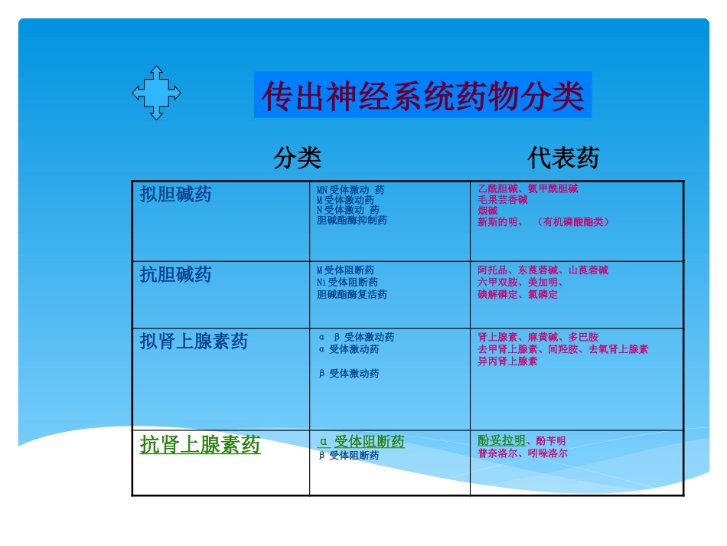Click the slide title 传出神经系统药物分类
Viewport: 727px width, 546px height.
pyautogui.click(x=422, y=96)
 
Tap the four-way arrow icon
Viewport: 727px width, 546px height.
pyautogui.click(x=156, y=93)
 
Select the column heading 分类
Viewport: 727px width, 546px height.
pyautogui.click(x=297, y=159)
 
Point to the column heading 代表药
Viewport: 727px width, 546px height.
pyautogui.click(x=563, y=159)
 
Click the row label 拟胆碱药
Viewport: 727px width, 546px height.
pyautogui.click(x=175, y=195)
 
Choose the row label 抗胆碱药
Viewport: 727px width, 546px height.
pyautogui.click(x=175, y=274)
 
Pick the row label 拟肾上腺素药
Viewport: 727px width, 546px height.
pyautogui.click(x=194, y=341)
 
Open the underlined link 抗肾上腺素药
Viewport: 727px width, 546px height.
pyautogui.click(x=200, y=445)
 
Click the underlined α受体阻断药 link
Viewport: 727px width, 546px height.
pyautogui.click(x=361, y=442)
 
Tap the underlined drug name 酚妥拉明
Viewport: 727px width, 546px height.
pyautogui.click(x=501, y=440)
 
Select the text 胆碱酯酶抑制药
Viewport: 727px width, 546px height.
pyautogui.click(x=351, y=221)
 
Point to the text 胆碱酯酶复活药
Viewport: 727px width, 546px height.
pyautogui.click(x=351, y=294)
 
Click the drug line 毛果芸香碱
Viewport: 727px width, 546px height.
pyautogui.click(x=502, y=200)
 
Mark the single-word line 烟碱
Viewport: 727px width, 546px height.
pyautogui.click(x=487, y=211)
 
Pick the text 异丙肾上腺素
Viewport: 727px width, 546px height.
pyautogui.click(x=507, y=361)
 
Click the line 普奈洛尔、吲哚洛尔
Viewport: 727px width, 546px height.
pyautogui.click(x=522, y=453)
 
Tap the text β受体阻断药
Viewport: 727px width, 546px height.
pyautogui.click(x=348, y=456)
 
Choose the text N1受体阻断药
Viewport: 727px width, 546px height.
pyautogui.click(x=347, y=282)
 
